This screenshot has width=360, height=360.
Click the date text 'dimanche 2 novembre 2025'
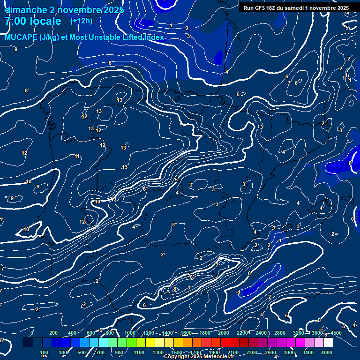64,10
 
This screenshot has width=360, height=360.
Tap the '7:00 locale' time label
33,21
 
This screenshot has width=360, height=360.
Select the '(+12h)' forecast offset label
81,21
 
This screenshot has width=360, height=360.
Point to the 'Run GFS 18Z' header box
296,8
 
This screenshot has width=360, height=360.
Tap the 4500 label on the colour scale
336,333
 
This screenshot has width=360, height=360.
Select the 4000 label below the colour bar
327,352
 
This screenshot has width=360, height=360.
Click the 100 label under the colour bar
44,352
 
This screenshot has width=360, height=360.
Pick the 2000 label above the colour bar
224,333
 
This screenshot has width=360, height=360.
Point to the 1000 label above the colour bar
130,333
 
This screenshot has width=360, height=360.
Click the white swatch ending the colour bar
328,343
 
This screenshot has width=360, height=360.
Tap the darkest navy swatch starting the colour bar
28,343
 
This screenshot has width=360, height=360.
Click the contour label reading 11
77,157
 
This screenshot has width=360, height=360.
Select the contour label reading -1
238,292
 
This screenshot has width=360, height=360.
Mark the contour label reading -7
188,288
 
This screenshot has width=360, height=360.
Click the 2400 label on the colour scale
261,333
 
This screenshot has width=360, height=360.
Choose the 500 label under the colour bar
82,352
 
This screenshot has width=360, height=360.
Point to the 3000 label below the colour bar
289,352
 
